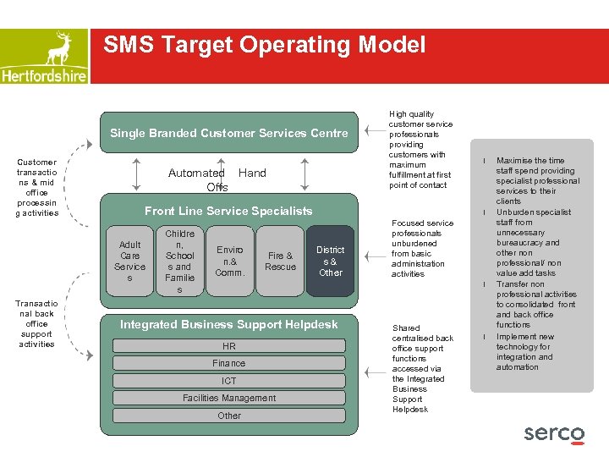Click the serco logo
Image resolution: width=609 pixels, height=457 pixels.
[x=554, y=433]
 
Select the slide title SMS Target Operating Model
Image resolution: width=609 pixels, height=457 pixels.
[x=264, y=45]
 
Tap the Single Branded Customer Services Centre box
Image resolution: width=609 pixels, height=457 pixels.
[x=228, y=133]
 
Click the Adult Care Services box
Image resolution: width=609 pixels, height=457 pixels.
[x=129, y=261]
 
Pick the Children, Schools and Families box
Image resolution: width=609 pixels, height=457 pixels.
[x=179, y=261]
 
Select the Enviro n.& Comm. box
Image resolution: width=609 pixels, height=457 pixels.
[x=229, y=261]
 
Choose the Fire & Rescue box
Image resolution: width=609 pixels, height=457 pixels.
[x=280, y=261]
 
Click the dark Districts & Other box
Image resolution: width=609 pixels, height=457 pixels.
[x=330, y=261]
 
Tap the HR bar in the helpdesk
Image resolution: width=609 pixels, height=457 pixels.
[x=228, y=346]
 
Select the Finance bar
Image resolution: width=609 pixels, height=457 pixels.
[x=228, y=363]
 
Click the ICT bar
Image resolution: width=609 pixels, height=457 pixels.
[x=228, y=381]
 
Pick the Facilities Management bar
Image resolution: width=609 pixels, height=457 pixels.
[x=228, y=398]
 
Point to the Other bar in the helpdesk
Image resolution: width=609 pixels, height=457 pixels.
[x=228, y=416]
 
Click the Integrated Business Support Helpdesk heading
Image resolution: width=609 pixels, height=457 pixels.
[x=228, y=324]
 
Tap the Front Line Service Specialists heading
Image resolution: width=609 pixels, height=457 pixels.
[x=228, y=211]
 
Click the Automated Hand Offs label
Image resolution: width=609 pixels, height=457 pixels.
[x=217, y=179]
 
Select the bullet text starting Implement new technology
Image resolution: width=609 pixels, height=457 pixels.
[x=524, y=352]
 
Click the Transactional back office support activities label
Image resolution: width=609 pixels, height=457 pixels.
[x=36, y=323]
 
